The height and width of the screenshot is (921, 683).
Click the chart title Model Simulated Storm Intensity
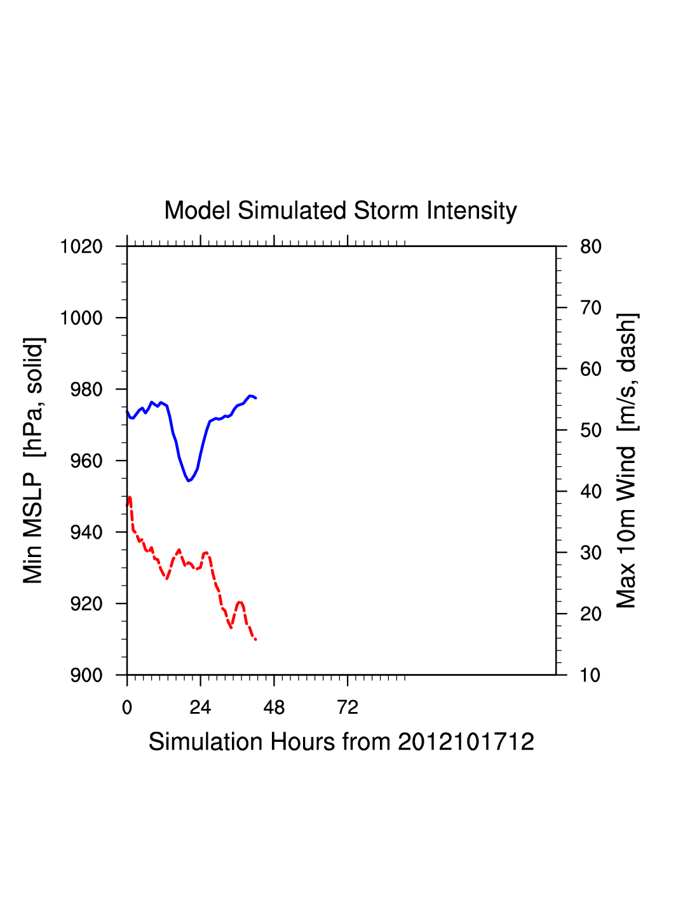pos(341,211)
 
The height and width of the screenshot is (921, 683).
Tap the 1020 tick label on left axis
pos(81,246)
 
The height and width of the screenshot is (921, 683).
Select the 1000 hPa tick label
pos(81,318)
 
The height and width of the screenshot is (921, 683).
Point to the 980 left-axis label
pos(86,389)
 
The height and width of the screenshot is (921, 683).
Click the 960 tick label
pos(86,461)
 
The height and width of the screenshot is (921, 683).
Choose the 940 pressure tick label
pos(86,532)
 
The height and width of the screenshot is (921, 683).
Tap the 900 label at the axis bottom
pos(86,675)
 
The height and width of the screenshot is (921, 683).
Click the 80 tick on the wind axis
pos(591,246)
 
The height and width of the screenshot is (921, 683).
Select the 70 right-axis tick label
pos(591,308)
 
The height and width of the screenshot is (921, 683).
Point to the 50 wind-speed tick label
pos(591,431)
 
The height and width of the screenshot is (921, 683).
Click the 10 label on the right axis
pos(591,675)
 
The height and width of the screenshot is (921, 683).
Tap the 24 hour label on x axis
pos(200,708)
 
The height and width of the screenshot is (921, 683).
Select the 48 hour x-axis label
pos(274,708)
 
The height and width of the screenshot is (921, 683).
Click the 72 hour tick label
pos(348,708)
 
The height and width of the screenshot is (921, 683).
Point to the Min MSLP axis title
pos(33,460)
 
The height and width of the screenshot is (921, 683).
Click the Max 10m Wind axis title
pos(626,460)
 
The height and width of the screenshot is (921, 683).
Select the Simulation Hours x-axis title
pos(341,742)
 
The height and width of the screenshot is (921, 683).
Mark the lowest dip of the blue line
pos(189,481)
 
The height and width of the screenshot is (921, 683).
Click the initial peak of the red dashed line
pos(130,497)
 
